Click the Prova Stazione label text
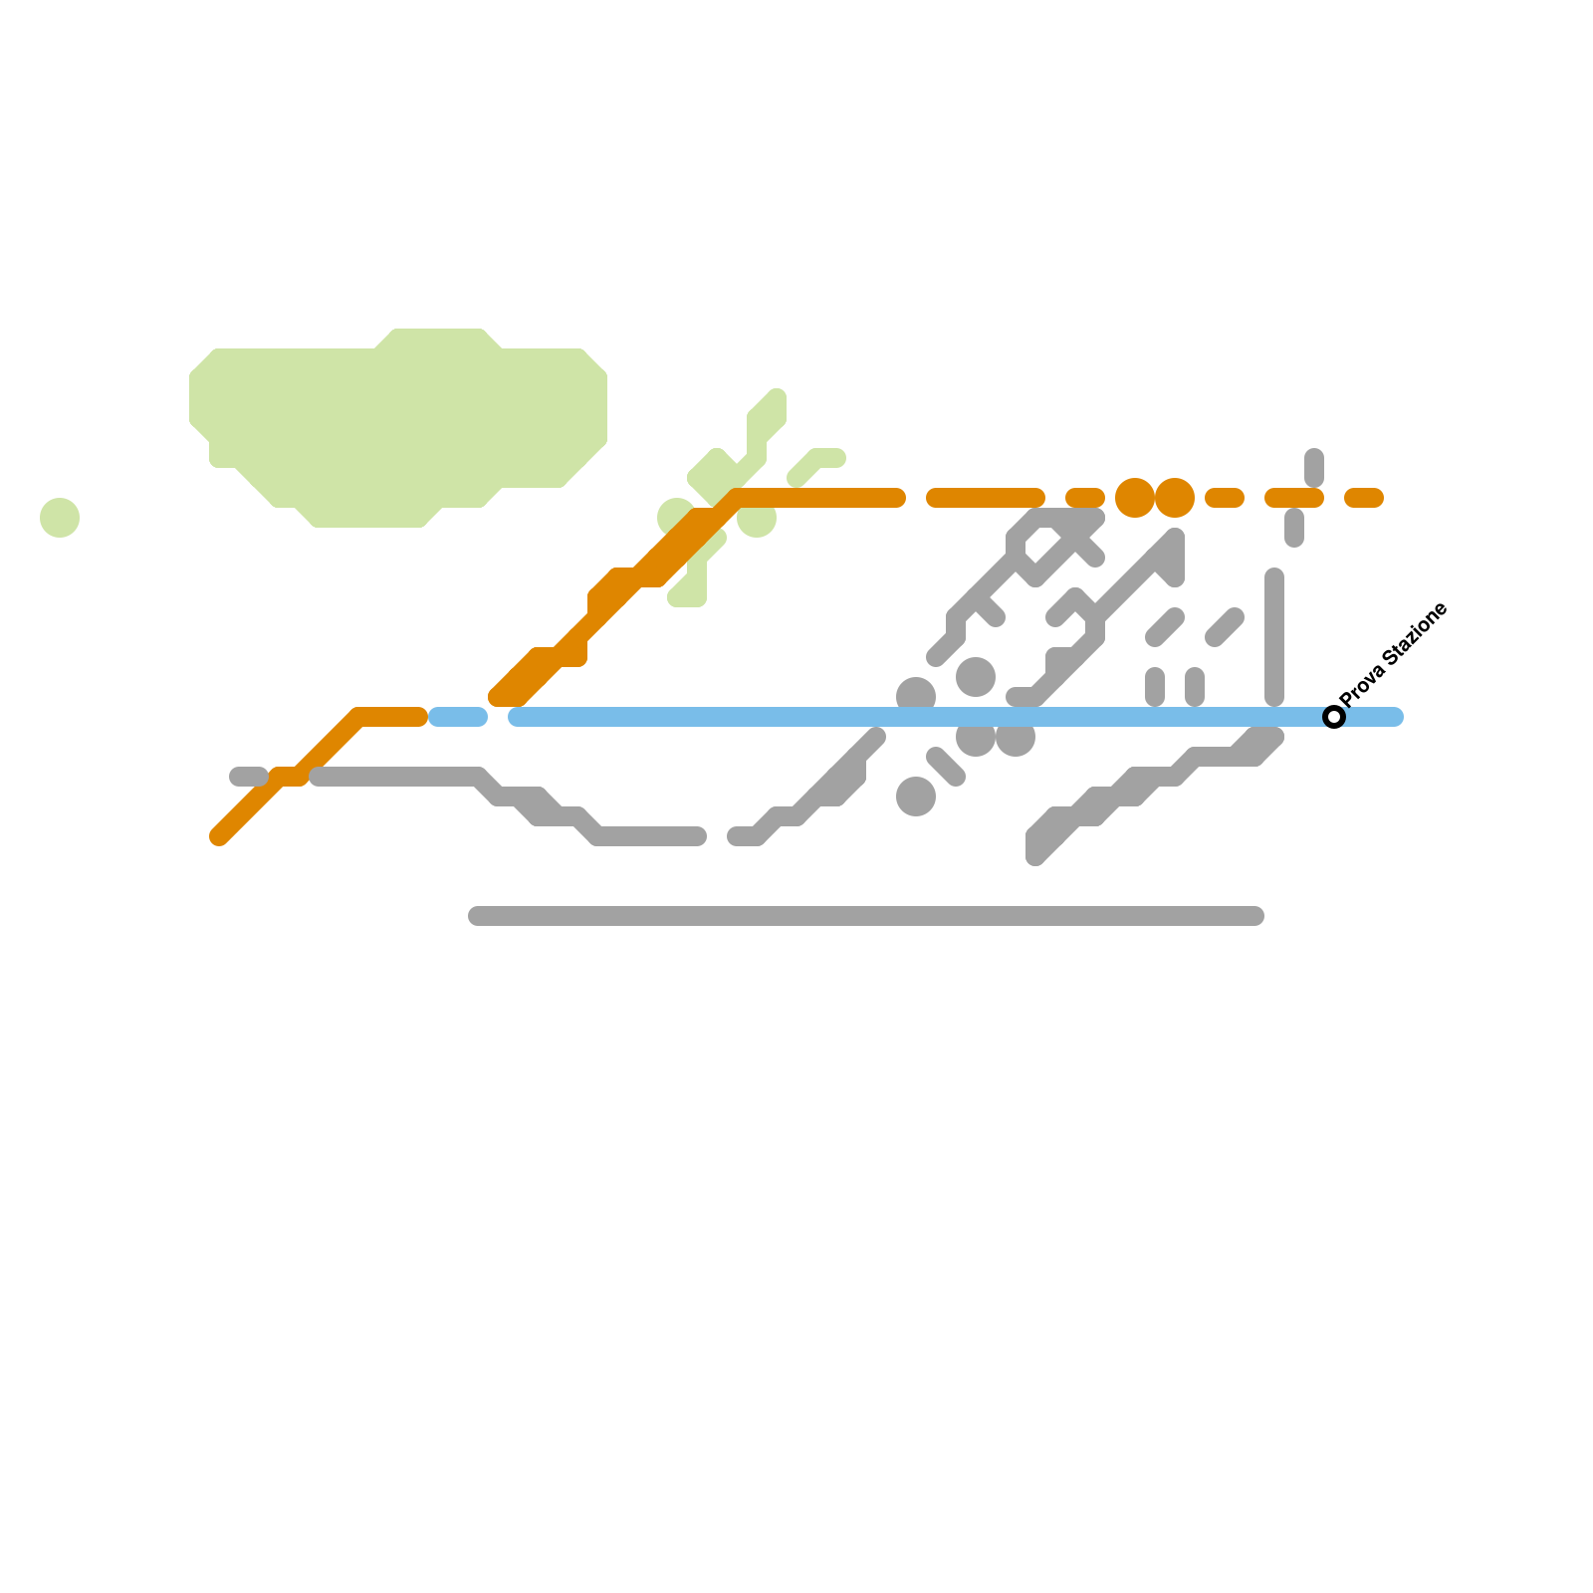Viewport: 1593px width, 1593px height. (1394, 654)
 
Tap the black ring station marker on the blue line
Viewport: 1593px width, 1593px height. (1334, 717)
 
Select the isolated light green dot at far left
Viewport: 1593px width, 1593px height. (60, 518)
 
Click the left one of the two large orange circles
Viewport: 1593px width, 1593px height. (1135, 498)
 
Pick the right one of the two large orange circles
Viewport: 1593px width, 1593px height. (1175, 498)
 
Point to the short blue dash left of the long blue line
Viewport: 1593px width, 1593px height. (458, 717)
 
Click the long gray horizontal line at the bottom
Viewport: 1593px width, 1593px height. (866, 916)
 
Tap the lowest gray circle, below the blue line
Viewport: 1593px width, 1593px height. (916, 796)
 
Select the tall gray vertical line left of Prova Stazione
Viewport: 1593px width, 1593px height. (1274, 637)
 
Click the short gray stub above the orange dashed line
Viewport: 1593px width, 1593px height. (1314, 467)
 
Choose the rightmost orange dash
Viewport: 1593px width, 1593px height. (1364, 498)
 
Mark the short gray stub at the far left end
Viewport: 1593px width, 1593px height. (248, 777)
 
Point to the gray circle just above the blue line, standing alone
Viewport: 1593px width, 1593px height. (976, 677)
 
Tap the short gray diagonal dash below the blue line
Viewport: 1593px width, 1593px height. (946, 767)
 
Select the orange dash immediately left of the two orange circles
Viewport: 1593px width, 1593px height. (1085, 498)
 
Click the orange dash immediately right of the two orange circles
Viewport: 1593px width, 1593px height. (1225, 498)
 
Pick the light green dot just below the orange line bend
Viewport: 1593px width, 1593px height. (758, 520)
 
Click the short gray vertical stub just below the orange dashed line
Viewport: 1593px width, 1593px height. (1294, 528)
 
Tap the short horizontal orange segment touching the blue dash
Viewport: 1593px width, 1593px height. (393, 717)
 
